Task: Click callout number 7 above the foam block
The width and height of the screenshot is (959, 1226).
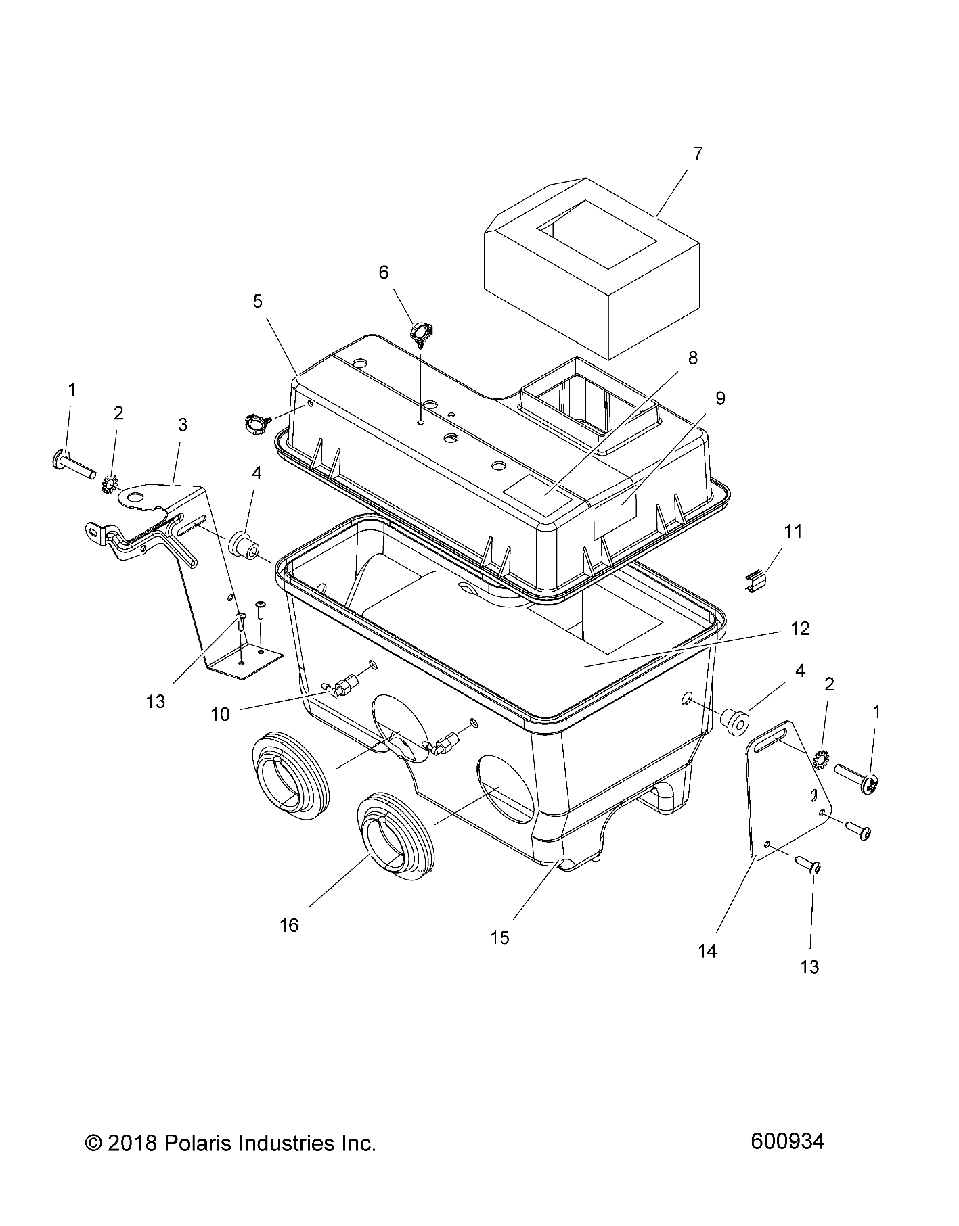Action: tap(698, 154)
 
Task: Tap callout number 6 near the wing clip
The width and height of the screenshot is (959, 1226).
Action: tap(384, 273)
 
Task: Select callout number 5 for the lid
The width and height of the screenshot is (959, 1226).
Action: tap(258, 301)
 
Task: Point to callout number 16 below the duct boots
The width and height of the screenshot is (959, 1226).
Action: tap(289, 924)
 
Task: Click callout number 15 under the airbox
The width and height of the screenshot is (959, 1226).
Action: tap(500, 937)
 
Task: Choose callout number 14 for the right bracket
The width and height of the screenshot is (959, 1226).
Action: tap(707, 950)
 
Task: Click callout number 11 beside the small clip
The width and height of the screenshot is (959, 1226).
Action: tap(793, 532)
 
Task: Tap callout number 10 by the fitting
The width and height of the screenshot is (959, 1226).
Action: tap(221, 714)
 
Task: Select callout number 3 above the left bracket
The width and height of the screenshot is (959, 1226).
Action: tap(183, 425)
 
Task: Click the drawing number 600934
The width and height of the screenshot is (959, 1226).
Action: tap(787, 1141)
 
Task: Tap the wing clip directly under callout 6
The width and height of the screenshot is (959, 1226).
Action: tap(420, 333)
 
